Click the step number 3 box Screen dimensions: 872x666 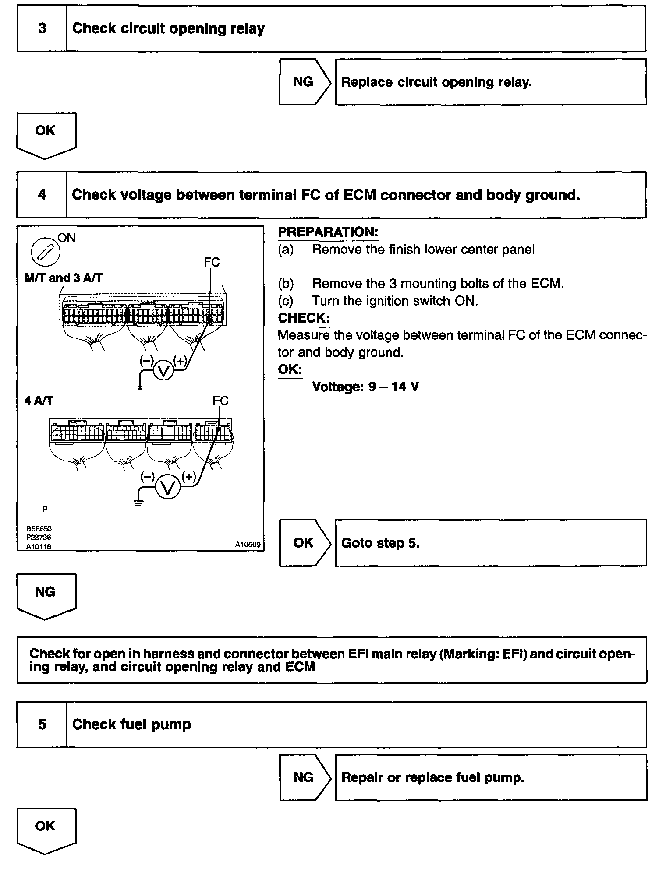(x=42, y=28)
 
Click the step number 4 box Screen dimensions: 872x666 (x=42, y=195)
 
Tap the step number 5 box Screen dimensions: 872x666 (x=42, y=724)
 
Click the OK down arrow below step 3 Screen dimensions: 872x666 (x=46, y=134)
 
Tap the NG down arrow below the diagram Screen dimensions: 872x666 (x=46, y=595)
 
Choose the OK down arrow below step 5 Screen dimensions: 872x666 (x=46, y=829)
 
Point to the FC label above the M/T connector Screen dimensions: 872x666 (x=212, y=262)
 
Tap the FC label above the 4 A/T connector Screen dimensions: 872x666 (x=220, y=401)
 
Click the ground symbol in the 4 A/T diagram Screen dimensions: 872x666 (x=138, y=503)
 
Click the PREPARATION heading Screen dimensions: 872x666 (x=328, y=232)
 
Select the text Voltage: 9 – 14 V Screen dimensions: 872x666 (x=365, y=387)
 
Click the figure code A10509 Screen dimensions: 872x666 (x=248, y=545)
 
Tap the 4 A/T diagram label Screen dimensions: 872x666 (x=39, y=401)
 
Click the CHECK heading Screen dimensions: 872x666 (x=303, y=318)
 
